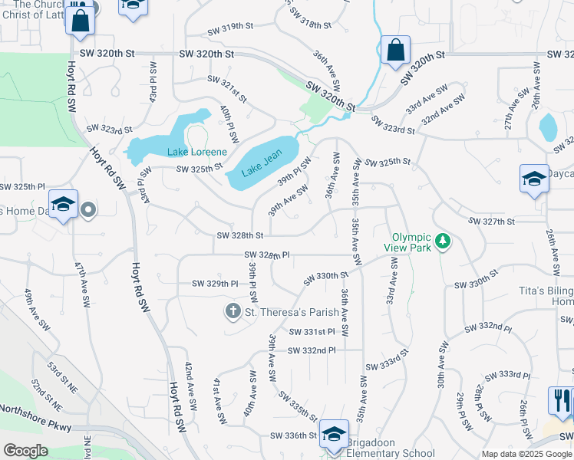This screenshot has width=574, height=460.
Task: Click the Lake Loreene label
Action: (x=197, y=152)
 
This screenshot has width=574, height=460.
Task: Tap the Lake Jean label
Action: (x=262, y=163)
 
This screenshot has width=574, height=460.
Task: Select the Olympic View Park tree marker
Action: (x=441, y=242)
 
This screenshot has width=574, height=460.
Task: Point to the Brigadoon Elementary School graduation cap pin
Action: (x=334, y=434)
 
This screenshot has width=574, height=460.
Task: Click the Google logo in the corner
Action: (x=26, y=450)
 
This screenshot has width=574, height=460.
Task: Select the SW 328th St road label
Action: (x=240, y=235)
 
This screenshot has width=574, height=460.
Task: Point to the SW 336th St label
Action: (x=294, y=435)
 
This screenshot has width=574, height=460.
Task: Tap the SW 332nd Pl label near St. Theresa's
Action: (x=312, y=350)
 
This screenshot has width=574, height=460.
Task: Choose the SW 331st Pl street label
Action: (x=312, y=332)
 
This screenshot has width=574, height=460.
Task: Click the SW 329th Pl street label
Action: (x=216, y=284)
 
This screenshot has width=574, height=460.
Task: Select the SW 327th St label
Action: (x=491, y=221)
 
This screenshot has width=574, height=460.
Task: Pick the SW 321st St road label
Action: (x=228, y=90)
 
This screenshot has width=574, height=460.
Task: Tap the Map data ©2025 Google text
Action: (x=526, y=454)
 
